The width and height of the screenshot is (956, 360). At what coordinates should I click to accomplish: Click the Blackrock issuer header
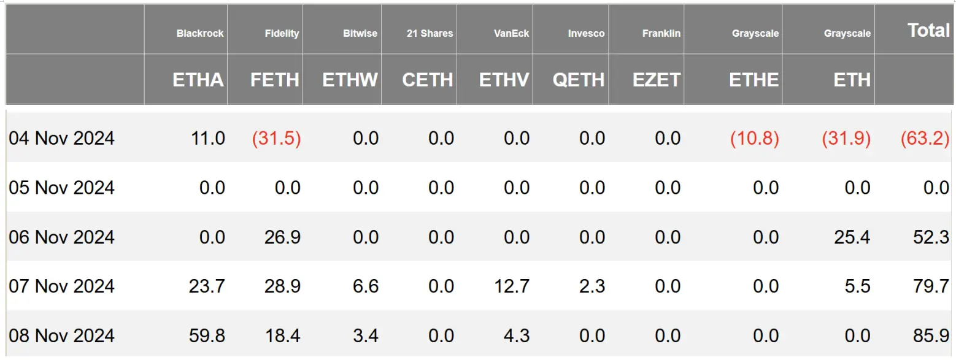coord(200,33)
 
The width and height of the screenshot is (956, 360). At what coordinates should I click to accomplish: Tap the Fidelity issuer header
coord(282,33)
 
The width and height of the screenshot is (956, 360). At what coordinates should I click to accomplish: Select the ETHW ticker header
coord(350,80)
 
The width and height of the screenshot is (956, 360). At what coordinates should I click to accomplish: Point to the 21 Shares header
coord(430,33)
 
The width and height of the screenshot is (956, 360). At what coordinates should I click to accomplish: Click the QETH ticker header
coord(579,80)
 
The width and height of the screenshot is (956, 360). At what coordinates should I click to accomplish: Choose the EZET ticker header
coord(657,80)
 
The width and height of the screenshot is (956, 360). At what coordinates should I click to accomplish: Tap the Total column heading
coord(928,30)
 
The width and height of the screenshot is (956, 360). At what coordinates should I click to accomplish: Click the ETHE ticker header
coord(754,80)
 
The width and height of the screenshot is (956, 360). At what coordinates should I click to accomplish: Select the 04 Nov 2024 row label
coord(61,138)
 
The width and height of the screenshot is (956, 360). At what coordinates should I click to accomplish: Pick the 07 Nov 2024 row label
coord(61,286)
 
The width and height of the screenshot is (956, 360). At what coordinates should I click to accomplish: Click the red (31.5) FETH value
coord(277,138)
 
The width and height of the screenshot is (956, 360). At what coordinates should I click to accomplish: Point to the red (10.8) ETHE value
coord(755,138)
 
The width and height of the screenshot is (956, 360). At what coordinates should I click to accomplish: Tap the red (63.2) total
coord(925,138)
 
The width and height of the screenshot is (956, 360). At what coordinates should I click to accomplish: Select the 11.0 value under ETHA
coord(208,138)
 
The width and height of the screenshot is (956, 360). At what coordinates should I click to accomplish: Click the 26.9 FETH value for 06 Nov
coord(282,237)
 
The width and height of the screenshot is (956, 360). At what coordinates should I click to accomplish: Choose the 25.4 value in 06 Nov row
coord(852,237)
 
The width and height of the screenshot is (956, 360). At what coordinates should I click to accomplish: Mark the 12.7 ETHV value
coord(512,286)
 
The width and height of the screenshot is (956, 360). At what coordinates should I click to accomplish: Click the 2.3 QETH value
coord(592,286)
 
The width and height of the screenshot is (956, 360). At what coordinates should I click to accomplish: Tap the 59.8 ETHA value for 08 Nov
coord(207,335)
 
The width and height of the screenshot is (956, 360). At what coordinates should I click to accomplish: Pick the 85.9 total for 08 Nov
coord(931,335)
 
